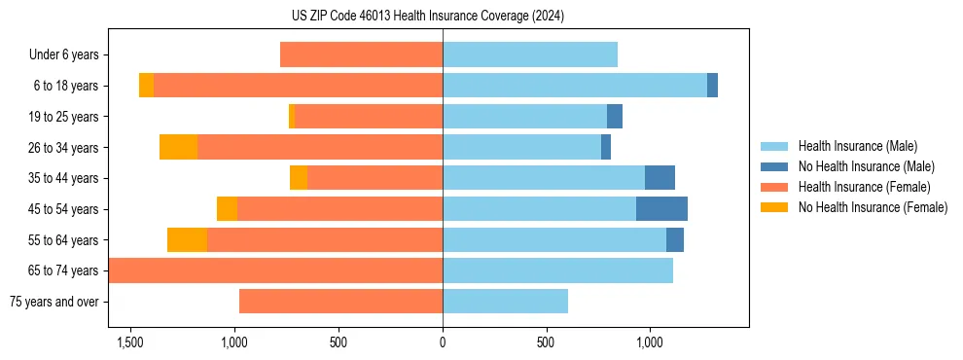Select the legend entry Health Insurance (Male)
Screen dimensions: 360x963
[x=857, y=146]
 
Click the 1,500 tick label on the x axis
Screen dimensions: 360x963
[x=130, y=342]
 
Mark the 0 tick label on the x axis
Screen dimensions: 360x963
[x=443, y=342]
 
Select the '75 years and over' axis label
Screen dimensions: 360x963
[x=54, y=302]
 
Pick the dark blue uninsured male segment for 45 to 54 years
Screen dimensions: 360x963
[x=661, y=209]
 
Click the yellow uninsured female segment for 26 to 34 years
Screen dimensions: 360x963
[x=178, y=147]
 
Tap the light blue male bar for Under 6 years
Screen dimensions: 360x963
[x=530, y=55]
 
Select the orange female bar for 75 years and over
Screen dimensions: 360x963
[x=340, y=302]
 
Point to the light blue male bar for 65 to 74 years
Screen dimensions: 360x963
[x=557, y=270]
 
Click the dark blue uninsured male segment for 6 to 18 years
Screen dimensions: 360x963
[x=712, y=86]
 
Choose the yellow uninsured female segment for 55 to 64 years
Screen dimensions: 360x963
[x=187, y=239]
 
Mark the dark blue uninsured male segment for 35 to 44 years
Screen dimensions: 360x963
[x=660, y=178]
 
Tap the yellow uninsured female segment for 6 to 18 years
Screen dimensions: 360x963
[x=146, y=86]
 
